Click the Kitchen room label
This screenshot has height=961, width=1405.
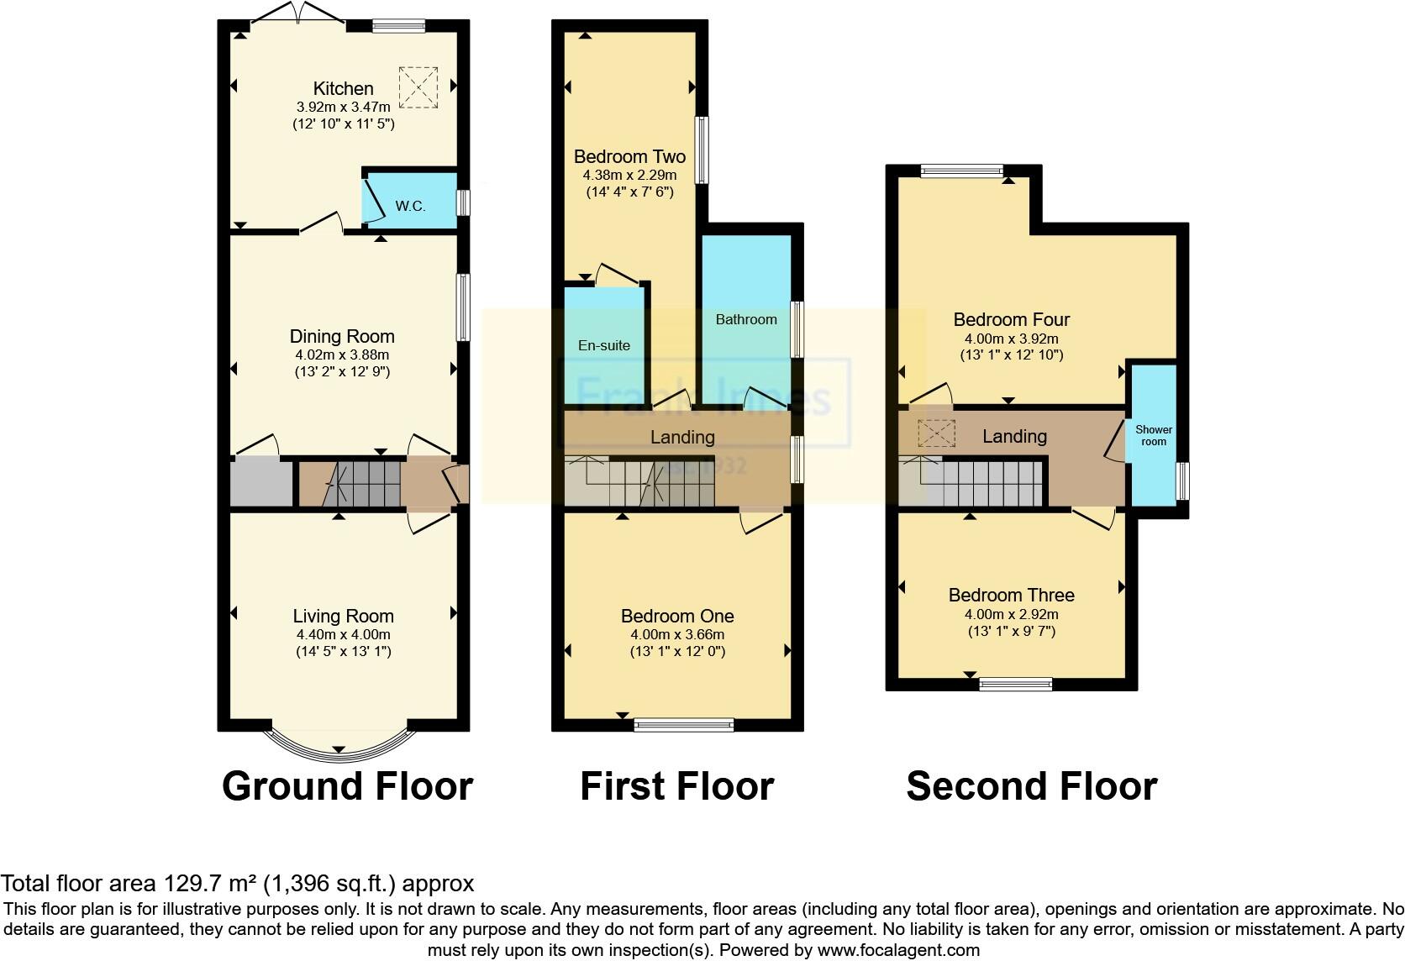point(343,88)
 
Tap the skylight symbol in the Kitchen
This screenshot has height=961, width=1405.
point(418,87)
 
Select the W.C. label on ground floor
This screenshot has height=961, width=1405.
point(410,206)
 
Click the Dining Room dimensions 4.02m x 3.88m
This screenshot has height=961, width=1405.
point(342,354)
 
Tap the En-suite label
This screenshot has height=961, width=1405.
point(603,345)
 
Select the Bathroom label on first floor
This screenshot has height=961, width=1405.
point(746,319)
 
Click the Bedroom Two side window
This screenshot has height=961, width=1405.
point(699,150)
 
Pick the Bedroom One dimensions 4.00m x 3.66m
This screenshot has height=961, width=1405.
point(677,635)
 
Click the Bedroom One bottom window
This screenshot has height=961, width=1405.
point(684,725)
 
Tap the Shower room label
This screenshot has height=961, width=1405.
point(1154,435)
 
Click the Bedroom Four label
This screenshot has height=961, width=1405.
point(1012,319)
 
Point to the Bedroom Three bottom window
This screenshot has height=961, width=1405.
point(1016,685)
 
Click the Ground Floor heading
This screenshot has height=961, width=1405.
point(347,786)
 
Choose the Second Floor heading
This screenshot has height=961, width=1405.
point(1031,786)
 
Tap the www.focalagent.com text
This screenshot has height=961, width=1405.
point(898,950)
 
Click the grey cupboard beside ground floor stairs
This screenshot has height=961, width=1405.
point(262,483)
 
